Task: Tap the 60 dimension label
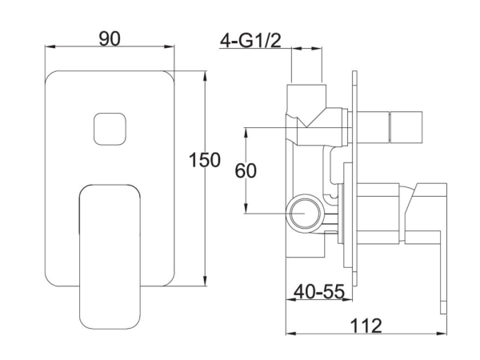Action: pyautogui.click(x=249, y=170)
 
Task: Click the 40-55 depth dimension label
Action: pyautogui.click(x=317, y=293)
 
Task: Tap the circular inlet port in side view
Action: pyautogui.click(x=304, y=214)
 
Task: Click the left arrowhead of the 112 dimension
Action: pyautogui.click(x=290, y=335)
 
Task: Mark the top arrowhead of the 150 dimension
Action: pyautogui.click(x=207, y=74)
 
